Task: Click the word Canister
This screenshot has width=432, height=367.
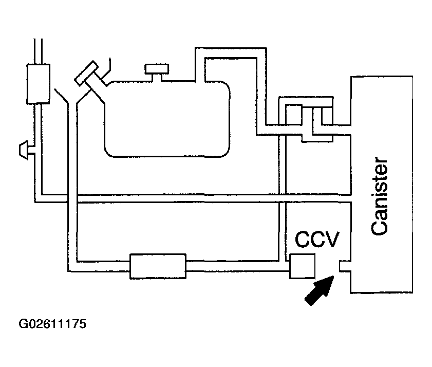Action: [x=380, y=196]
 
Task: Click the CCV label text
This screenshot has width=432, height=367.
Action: [x=317, y=239]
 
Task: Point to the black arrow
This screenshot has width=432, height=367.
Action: [x=320, y=290]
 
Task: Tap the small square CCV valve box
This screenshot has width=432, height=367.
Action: [x=302, y=266]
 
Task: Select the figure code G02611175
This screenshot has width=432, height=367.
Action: [x=52, y=324]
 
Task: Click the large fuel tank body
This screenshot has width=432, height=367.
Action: [x=167, y=119]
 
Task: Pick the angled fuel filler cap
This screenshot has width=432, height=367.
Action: [x=86, y=73]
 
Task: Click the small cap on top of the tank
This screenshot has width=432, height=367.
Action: [x=157, y=69]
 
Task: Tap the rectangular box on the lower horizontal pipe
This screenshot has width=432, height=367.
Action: [x=158, y=266]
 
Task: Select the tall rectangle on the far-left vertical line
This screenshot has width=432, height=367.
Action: [x=39, y=84]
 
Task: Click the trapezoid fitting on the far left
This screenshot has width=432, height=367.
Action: [x=24, y=150]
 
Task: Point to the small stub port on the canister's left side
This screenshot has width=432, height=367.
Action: [x=345, y=266]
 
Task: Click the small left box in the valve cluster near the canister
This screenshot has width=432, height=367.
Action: [x=294, y=115]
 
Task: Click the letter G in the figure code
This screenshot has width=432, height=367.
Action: [x=23, y=324]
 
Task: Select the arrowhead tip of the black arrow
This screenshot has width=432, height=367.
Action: [x=334, y=276]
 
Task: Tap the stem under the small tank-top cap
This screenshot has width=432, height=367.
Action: [x=157, y=78]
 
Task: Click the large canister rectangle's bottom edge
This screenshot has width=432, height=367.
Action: [x=382, y=292]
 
